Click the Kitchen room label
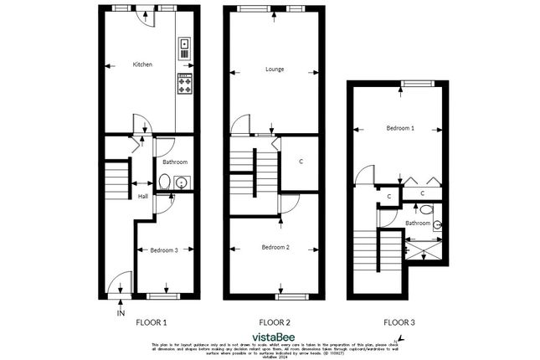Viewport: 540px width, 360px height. pyautogui.click(x=142, y=64)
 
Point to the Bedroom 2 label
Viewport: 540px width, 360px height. pyautogui.click(x=275, y=247)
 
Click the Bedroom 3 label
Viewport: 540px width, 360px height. pyautogui.click(x=163, y=249)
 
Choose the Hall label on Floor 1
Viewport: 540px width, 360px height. pyautogui.click(x=143, y=196)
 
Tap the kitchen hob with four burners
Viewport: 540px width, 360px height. pyautogui.click(x=184, y=84)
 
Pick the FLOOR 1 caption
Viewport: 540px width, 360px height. pyautogui.click(x=152, y=321)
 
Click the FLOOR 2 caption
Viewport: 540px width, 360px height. pyautogui.click(x=275, y=321)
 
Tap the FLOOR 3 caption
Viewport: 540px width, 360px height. pyautogui.click(x=399, y=321)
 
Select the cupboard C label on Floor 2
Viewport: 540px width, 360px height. pyautogui.click(x=300, y=162)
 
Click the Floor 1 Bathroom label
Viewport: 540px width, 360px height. pyautogui.click(x=175, y=162)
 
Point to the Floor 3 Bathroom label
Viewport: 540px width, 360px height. pyautogui.click(x=418, y=224)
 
